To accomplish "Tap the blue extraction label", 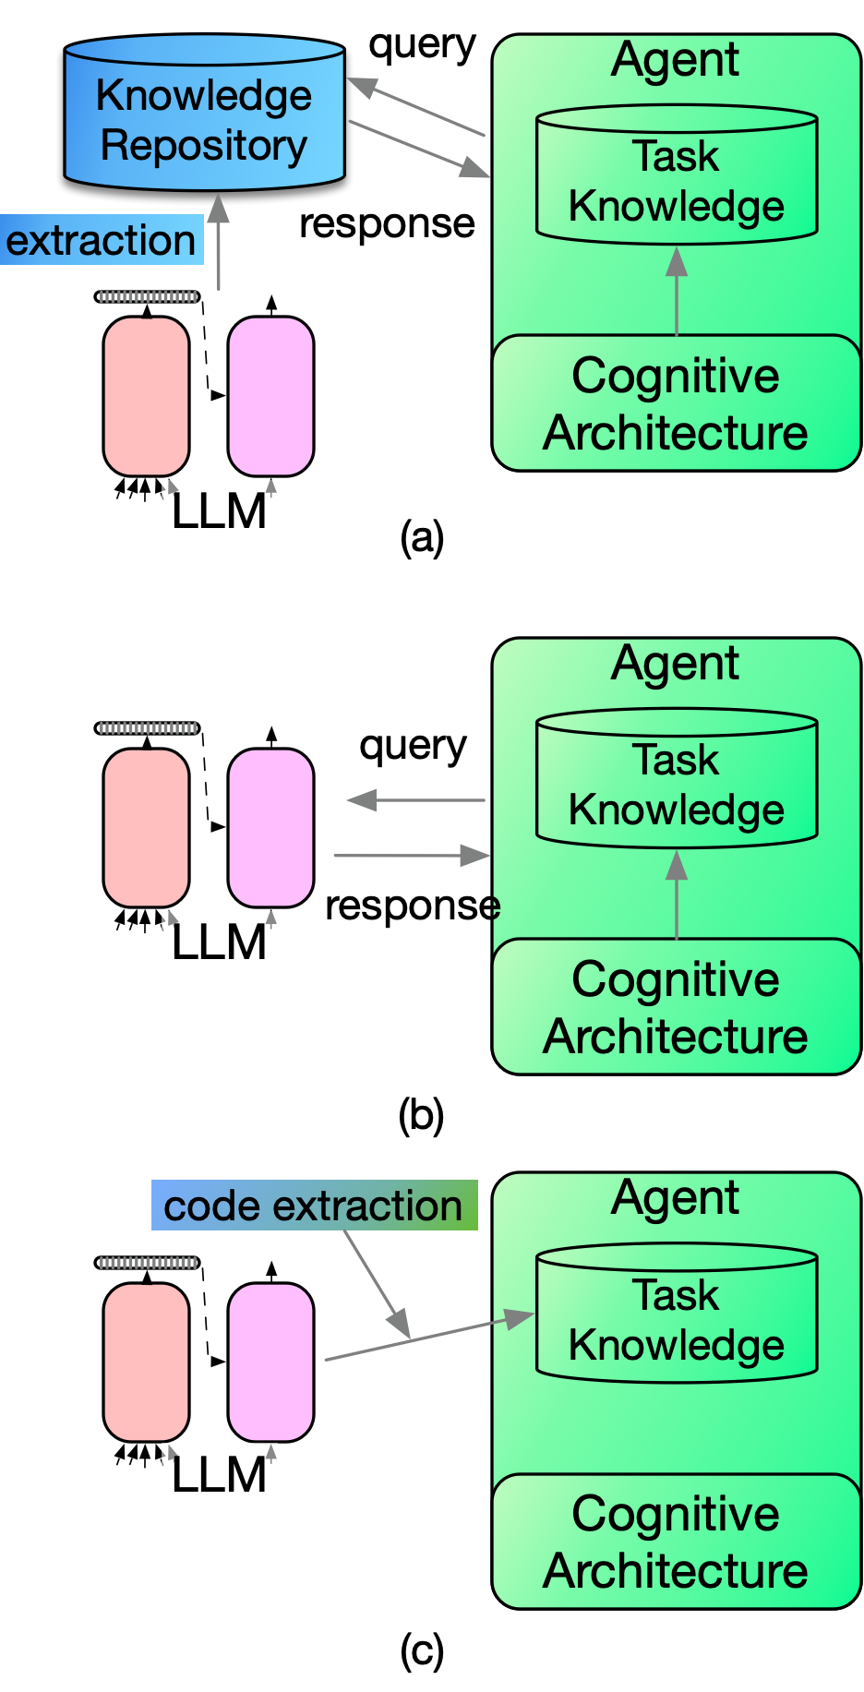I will click(101, 240).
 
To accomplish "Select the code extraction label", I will click(314, 1206).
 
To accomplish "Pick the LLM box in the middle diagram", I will click(220, 943).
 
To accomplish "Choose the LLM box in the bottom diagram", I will click(220, 1475).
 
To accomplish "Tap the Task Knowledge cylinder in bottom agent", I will click(677, 1320).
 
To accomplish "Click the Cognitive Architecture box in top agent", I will click(677, 404).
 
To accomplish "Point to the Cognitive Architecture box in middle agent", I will click(677, 1008).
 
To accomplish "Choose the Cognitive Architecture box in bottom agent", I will click(677, 1542).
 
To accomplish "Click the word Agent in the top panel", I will click(675, 61).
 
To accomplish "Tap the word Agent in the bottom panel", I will click(675, 1199).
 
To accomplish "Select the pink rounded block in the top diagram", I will click(146, 397).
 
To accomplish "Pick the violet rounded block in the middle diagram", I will click(270, 828).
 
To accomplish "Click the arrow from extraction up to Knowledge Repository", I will click(218, 245).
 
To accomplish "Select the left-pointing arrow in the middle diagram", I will click(415, 800).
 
